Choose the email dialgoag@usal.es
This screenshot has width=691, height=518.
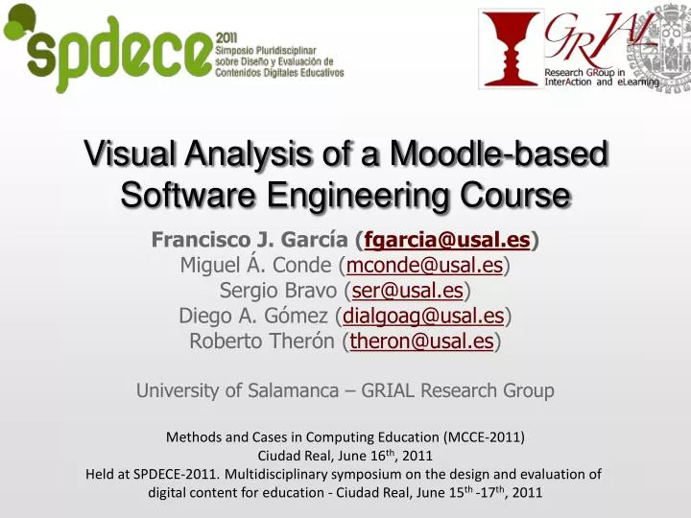pyautogui.click(x=423, y=315)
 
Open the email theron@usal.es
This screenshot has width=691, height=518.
pyautogui.click(x=421, y=341)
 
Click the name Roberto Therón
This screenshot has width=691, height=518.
pyautogui.click(x=262, y=341)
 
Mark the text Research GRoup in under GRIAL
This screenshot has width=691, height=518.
pyautogui.click(x=585, y=72)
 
